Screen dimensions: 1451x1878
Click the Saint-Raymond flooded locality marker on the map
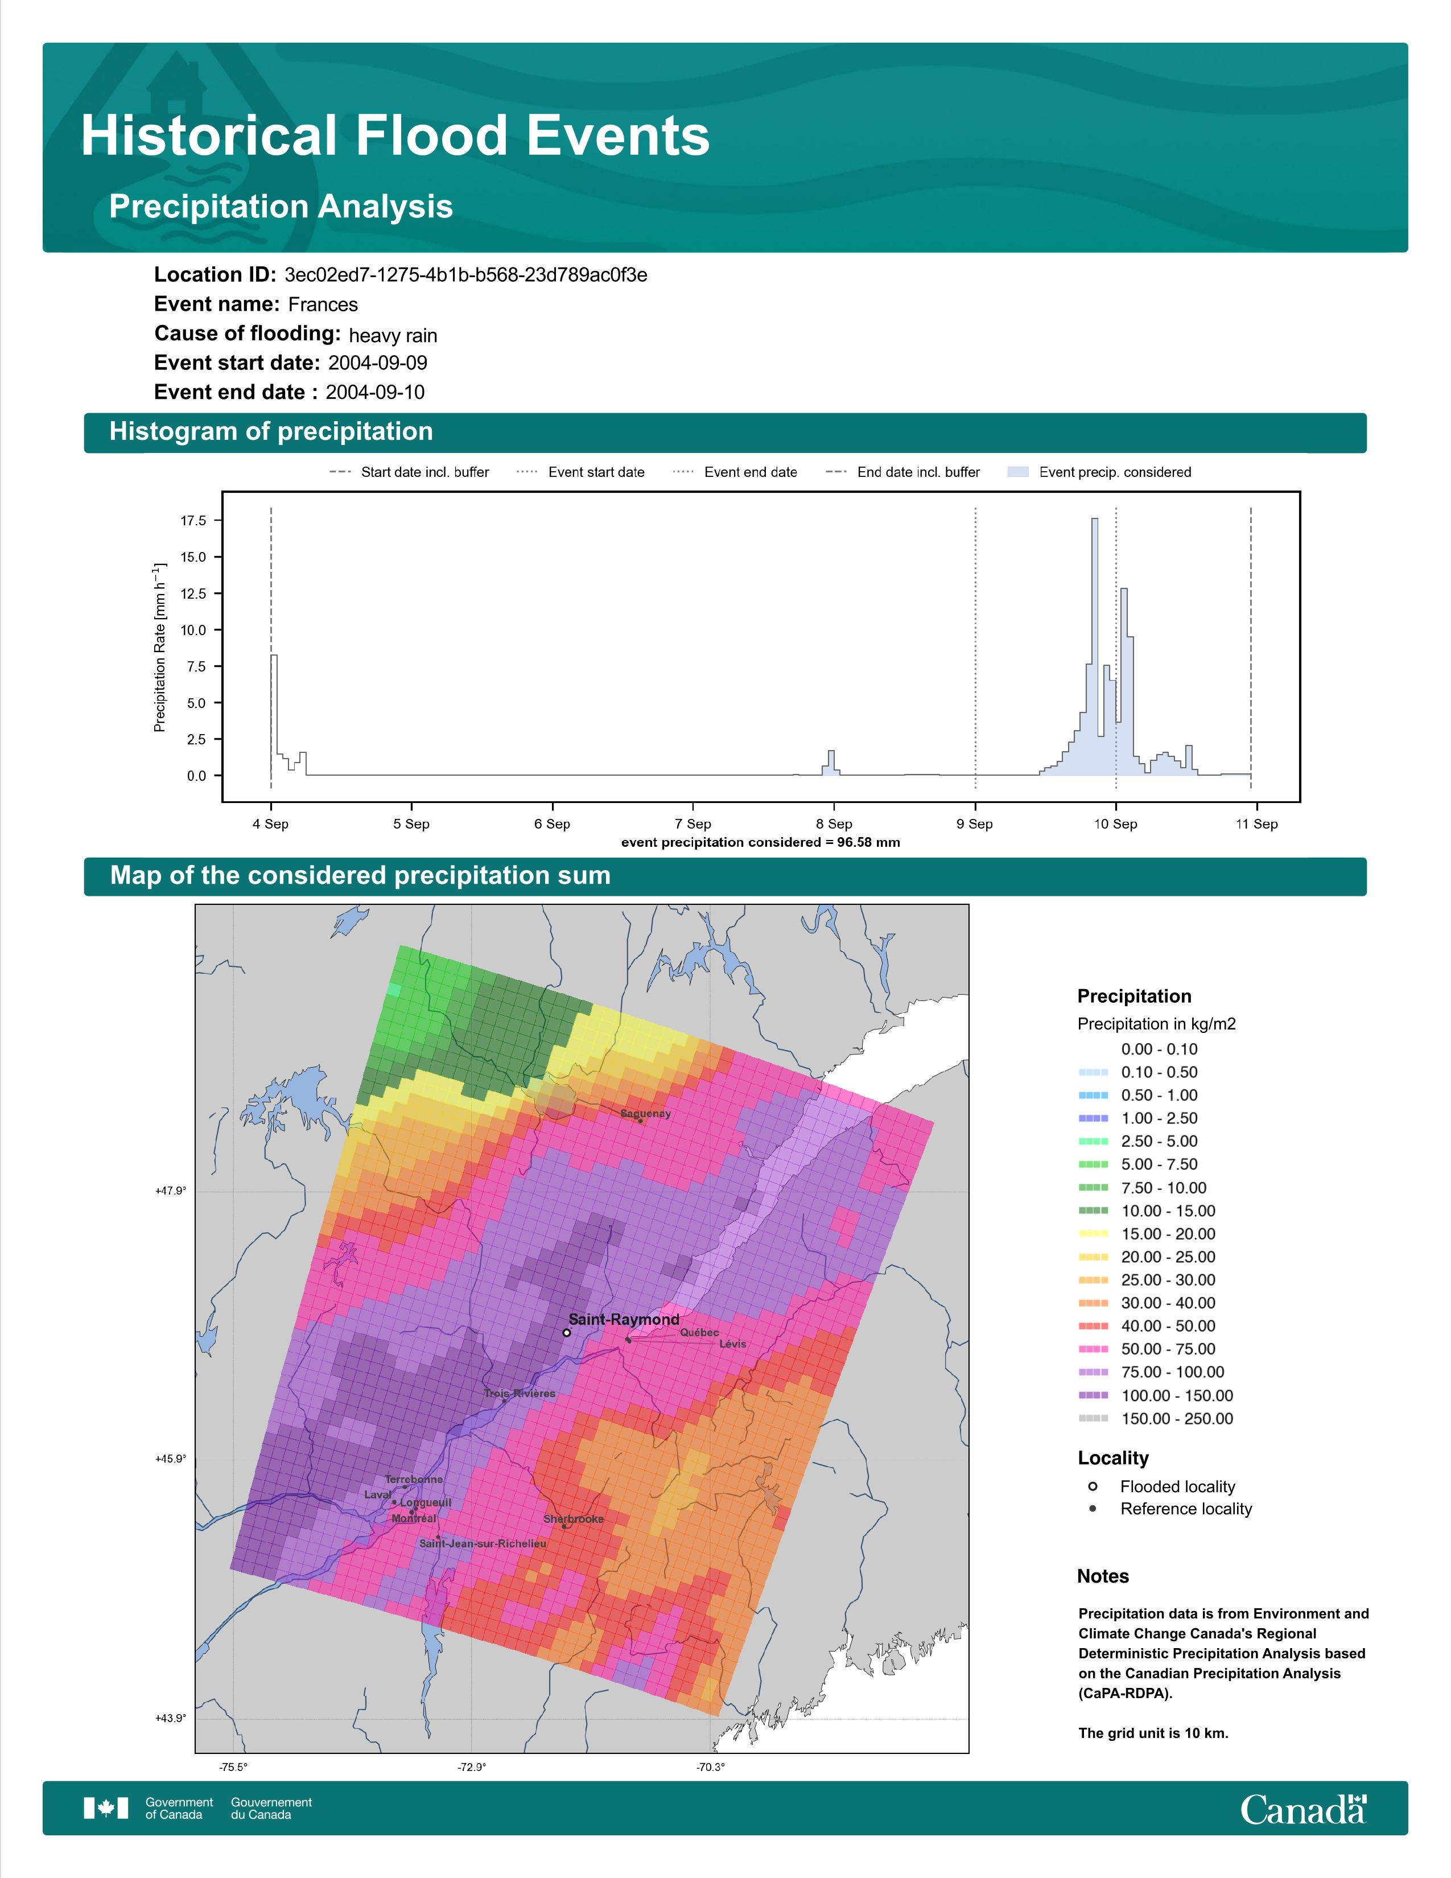coord(567,1333)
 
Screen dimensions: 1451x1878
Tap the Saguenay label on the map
coord(646,1114)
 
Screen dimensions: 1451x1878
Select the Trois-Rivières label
coord(519,1393)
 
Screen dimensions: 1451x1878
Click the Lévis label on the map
coord(732,1343)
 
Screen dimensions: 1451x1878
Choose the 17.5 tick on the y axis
coord(193,520)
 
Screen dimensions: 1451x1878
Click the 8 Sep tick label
coord(834,824)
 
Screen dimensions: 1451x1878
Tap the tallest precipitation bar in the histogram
coord(1094,646)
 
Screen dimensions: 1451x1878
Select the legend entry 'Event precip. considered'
coord(1115,472)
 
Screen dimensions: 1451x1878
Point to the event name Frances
coord(323,304)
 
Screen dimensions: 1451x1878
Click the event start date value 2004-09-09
coord(377,363)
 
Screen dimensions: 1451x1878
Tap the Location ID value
coord(466,275)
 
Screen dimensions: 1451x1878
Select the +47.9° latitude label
coord(170,1191)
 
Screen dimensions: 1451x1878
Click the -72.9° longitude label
coord(471,1767)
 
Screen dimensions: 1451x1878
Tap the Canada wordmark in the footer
coord(1303,1809)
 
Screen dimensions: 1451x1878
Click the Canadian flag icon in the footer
coord(106,1809)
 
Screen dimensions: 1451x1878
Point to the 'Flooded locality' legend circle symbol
coord(1093,1486)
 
